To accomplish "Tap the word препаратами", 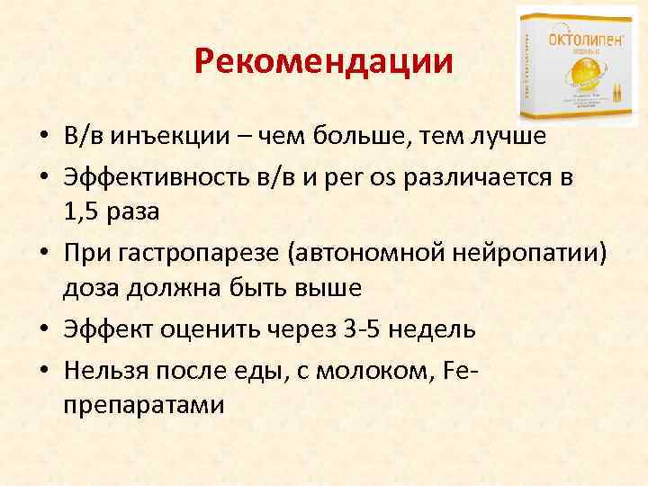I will coord(145,405).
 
